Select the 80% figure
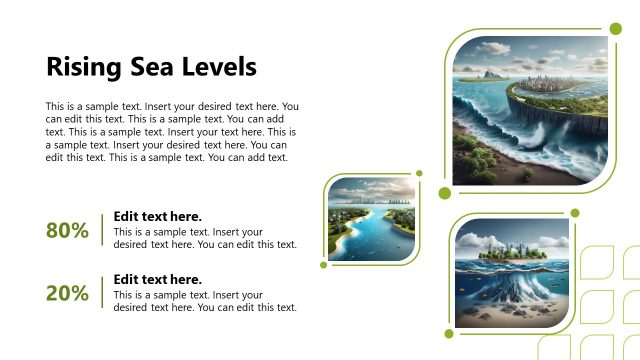[67, 231]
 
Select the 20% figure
[67, 294]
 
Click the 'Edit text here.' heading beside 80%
[157, 216]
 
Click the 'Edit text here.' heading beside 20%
[157, 280]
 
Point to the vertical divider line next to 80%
[102, 231]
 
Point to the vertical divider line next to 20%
[102, 294]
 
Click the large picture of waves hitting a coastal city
[529, 112]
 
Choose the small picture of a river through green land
[372, 220]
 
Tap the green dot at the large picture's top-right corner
[616, 40]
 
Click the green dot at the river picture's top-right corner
[419, 174]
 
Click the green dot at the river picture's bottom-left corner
[324, 265]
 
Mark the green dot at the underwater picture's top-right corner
[574, 212]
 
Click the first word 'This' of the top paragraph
[56, 106]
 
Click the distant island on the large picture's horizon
[493, 73]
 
